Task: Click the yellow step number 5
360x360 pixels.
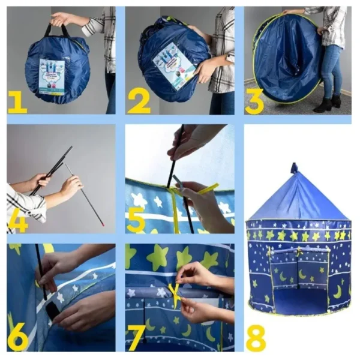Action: click(x=136, y=220)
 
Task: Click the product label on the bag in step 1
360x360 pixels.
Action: click(x=52, y=76)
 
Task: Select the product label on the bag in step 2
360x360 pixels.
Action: click(x=173, y=65)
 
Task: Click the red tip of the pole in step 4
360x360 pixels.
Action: click(x=103, y=224)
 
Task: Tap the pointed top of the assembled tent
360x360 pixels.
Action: click(x=294, y=166)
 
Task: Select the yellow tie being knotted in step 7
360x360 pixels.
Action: click(x=175, y=293)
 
